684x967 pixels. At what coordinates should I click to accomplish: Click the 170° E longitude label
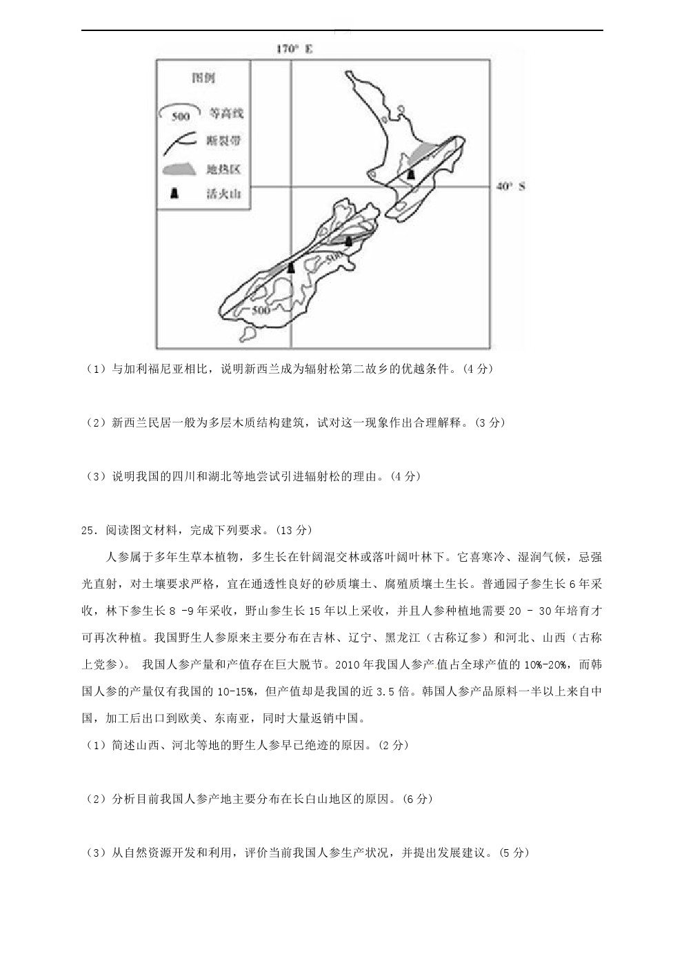pyautogui.click(x=294, y=49)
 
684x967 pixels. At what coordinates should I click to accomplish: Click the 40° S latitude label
pyautogui.click(x=511, y=186)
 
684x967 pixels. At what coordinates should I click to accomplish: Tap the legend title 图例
pyautogui.click(x=202, y=78)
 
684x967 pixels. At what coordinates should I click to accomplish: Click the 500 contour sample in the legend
pyautogui.click(x=180, y=114)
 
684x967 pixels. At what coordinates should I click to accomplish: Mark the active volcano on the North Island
pyautogui.click(x=411, y=175)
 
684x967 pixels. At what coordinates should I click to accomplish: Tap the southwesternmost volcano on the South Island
pyautogui.click(x=291, y=267)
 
